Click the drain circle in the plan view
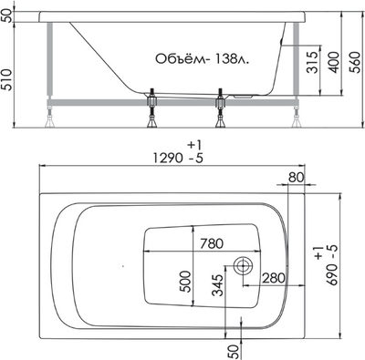click(244, 266)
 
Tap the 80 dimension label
click(295, 177)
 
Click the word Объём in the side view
click(176, 57)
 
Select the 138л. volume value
click(231, 57)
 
